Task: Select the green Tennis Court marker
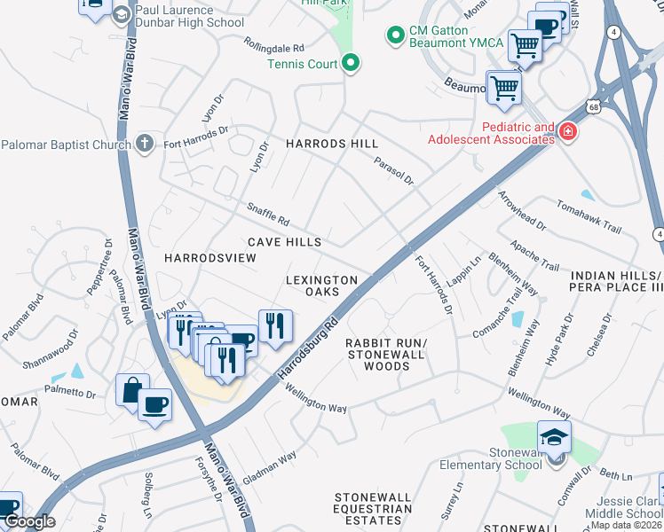click(351, 63)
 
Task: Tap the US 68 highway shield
click(592, 107)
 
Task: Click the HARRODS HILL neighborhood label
click(331, 144)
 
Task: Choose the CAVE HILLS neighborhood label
click(284, 242)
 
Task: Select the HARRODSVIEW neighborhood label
click(209, 257)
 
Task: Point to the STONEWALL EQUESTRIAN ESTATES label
click(373, 509)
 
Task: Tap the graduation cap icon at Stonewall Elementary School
click(554, 436)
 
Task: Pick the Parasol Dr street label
click(393, 171)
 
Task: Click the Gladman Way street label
click(269, 469)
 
